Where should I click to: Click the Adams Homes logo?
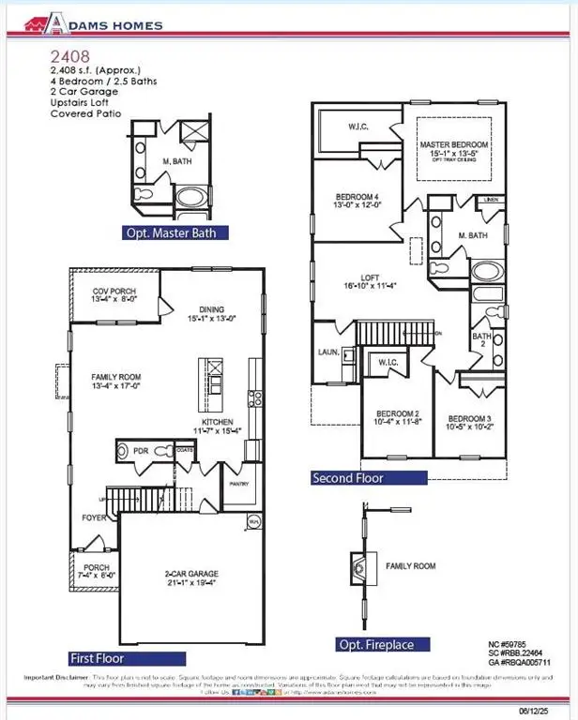[x=93, y=26]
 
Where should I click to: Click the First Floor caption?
[x=108, y=658]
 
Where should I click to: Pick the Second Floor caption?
[x=347, y=478]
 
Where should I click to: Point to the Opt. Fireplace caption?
[x=383, y=644]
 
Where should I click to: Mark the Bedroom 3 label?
[x=468, y=421]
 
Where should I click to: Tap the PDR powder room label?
[x=141, y=451]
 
